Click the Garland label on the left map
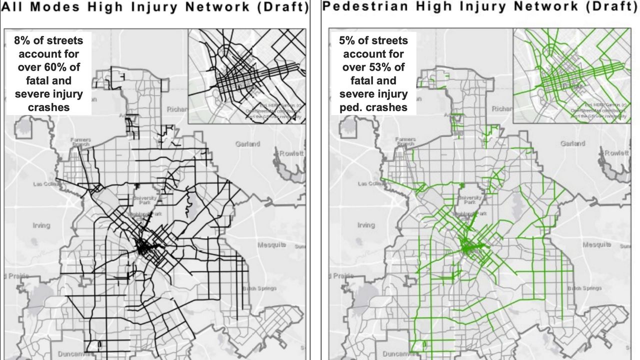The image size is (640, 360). point(247,144)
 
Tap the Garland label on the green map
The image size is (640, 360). point(572,143)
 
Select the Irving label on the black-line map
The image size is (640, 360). point(41,225)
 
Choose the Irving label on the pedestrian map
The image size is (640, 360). point(366,225)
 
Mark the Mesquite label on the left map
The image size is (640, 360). point(271,245)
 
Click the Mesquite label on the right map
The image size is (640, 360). point(596,245)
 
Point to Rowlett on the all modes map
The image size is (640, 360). point(291,153)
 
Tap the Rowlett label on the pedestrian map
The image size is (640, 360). point(616,153)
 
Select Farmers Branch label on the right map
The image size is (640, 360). point(405,141)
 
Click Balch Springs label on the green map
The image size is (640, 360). point(584,288)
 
